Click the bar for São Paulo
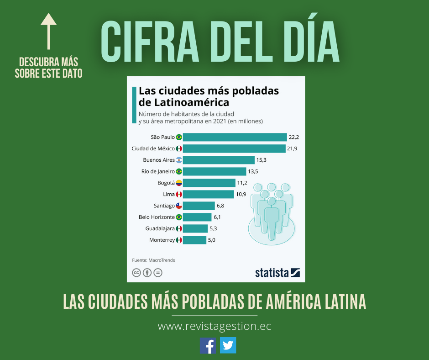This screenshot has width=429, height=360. (235, 137)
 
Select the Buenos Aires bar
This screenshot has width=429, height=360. (219, 160)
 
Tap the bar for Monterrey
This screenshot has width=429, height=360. (194, 240)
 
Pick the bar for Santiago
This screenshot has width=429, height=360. (199, 206)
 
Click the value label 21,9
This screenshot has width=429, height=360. (293, 148)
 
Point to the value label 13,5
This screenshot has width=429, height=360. (253, 171)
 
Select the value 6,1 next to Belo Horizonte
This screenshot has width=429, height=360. (218, 217)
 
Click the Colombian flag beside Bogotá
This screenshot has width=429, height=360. (179, 183)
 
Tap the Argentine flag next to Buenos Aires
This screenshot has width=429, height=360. (179, 160)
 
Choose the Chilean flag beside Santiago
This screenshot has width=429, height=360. (179, 206)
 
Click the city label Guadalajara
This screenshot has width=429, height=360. (160, 228)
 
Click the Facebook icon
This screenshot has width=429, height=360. (208, 345)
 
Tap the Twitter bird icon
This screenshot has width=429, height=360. (228, 345)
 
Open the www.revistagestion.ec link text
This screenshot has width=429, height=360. (214, 327)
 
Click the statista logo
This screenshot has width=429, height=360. (277, 273)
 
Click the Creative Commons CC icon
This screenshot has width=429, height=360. (136, 273)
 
